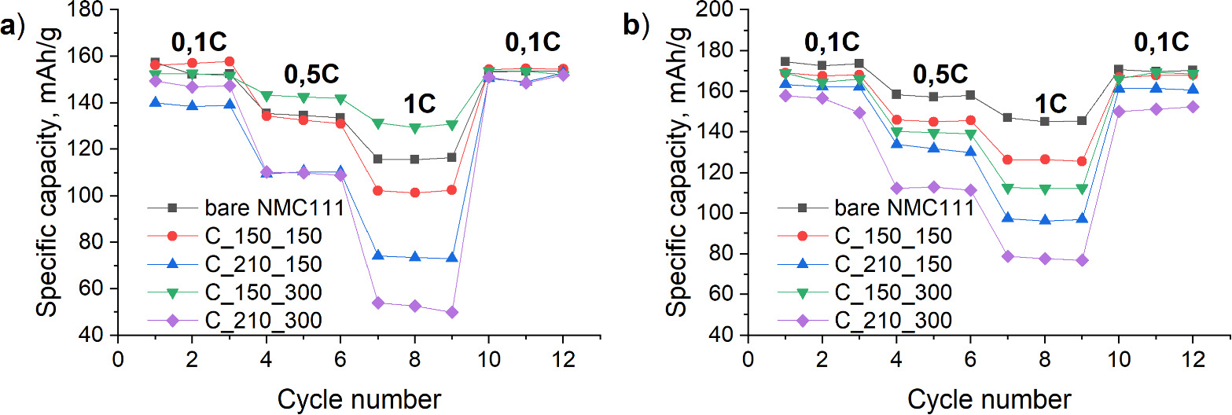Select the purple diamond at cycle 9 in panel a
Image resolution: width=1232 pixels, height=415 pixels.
coord(451,312)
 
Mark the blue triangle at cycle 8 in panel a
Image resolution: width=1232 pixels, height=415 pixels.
coord(414,257)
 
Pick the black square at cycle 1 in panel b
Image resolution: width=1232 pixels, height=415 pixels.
coord(785,61)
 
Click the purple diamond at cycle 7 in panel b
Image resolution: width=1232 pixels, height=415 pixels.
coord(1007,256)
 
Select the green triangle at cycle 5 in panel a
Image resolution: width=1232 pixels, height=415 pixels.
coord(303,97)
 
